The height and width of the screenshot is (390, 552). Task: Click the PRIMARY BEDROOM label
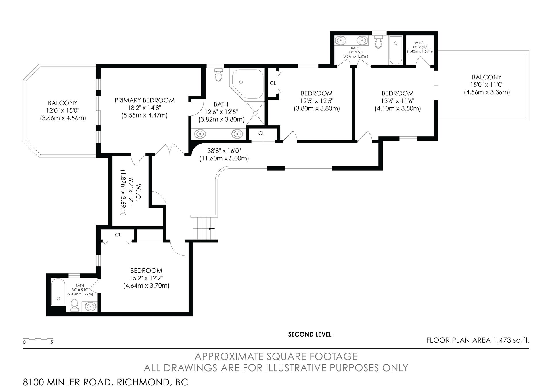[x=144, y=100]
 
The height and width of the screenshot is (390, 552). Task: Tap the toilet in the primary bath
[x=219, y=74]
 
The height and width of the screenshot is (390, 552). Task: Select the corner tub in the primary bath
[x=246, y=84]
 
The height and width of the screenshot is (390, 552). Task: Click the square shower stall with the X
[x=255, y=113]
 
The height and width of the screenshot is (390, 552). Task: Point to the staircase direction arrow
[x=212, y=228]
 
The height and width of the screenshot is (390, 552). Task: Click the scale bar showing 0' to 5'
[x=38, y=340]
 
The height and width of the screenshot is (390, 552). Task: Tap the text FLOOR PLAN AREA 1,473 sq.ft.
[x=478, y=340]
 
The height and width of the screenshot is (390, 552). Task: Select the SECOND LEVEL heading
[x=310, y=334]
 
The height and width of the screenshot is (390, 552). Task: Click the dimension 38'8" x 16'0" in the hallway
[x=224, y=151]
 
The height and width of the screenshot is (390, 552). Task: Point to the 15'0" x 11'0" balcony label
[x=486, y=85]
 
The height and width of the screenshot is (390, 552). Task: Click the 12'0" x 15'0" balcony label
[x=63, y=110]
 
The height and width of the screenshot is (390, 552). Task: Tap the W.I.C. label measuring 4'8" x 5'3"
[x=420, y=47]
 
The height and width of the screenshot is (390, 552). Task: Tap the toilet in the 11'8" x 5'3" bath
[x=378, y=42]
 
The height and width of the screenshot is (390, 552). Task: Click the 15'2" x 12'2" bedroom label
[x=146, y=278]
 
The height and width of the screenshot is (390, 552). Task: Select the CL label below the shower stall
[x=261, y=133]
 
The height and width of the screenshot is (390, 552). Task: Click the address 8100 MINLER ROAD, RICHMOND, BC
[x=106, y=382]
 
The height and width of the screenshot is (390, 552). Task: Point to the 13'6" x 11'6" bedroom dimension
[x=398, y=101]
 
